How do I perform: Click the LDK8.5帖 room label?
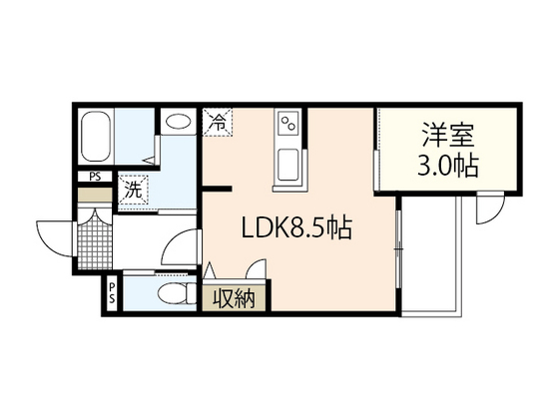[295, 228]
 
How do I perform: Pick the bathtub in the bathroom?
[97, 141]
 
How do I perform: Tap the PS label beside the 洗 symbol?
[96, 178]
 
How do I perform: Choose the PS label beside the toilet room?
[112, 293]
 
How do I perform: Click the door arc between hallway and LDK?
[179, 249]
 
